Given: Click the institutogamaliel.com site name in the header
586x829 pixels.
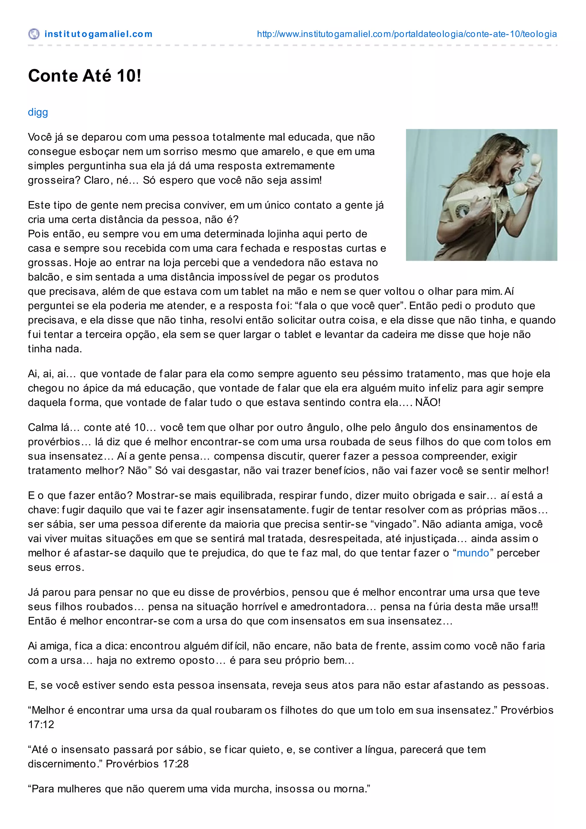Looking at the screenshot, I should pyautogui.click(x=98, y=34).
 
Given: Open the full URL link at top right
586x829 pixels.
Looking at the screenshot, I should pyautogui.click(x=407, y=34).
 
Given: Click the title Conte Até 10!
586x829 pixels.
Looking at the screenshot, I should pyautogui.click(x=84, y=76).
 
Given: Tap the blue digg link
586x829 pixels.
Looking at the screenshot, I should pyautogui.click(x=38, y=112).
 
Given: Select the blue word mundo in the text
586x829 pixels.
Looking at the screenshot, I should pyautogui.click(x=473, y=553).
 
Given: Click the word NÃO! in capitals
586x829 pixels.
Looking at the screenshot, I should pyautogui.click(x=427, y=402).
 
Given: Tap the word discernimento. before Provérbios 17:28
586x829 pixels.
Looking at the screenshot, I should pyautogui.click(x=65, y=764).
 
